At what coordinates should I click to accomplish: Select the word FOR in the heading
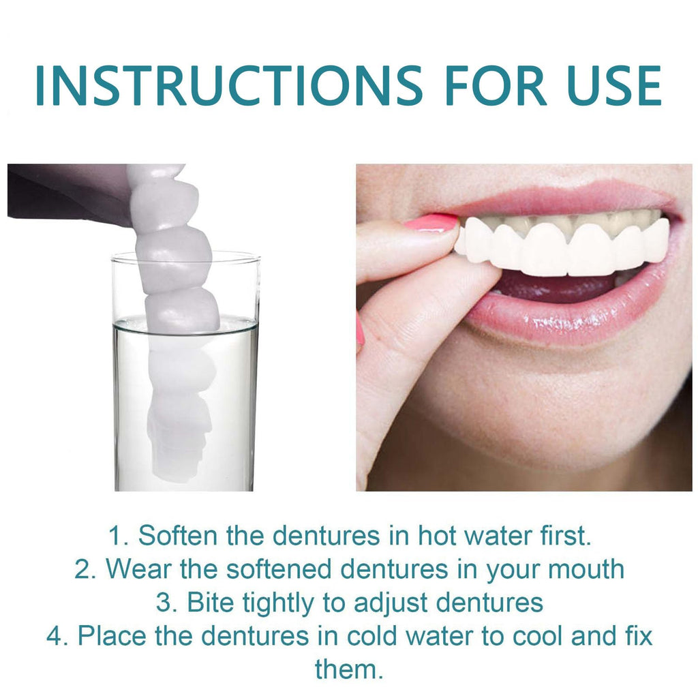point(495,86)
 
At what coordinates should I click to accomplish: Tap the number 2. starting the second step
point(85,568)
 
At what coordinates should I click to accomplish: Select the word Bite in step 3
point(211,602)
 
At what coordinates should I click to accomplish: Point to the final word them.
point(349,669)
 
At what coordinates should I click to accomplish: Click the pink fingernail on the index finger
point(431,222)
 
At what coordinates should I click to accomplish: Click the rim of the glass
point(185,256)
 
